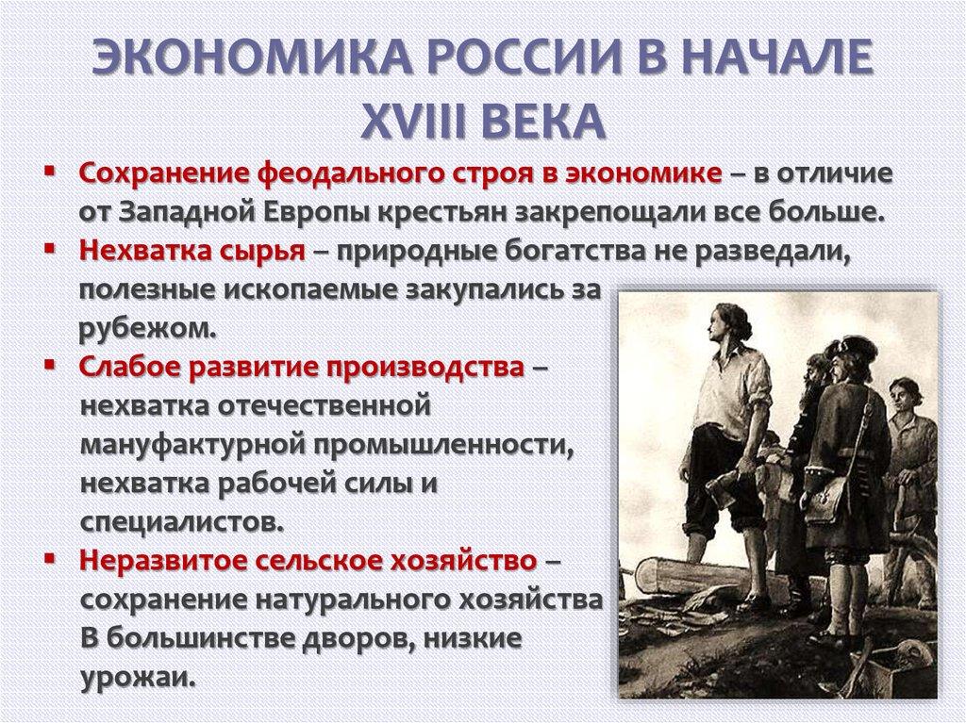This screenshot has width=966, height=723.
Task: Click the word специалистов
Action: [x=180, y=520]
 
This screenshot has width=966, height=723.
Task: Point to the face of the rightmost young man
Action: [x=906, y=394]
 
